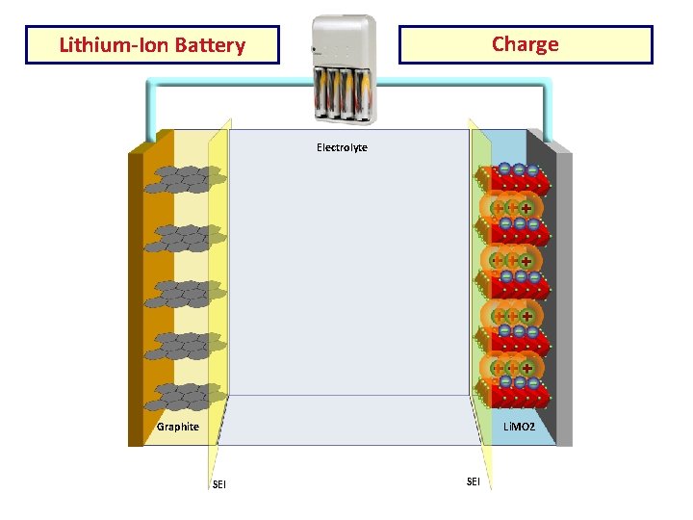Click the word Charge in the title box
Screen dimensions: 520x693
pos(525,44)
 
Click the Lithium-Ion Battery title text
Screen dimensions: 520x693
pos(152,45)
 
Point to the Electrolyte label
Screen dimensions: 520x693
pos(342,147)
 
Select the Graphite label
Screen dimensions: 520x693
pos(178,427)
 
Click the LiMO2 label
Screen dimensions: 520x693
pos(519,426)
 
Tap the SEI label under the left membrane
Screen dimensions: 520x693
pos(219,483)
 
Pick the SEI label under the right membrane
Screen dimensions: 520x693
pos(473,481)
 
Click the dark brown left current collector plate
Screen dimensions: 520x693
pos(136,289)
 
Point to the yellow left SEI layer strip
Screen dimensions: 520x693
pos(218,289)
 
